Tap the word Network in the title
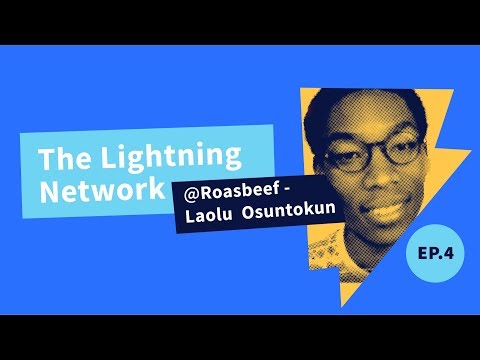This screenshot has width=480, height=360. [100, 191]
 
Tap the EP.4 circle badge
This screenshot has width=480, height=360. [436, 256]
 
